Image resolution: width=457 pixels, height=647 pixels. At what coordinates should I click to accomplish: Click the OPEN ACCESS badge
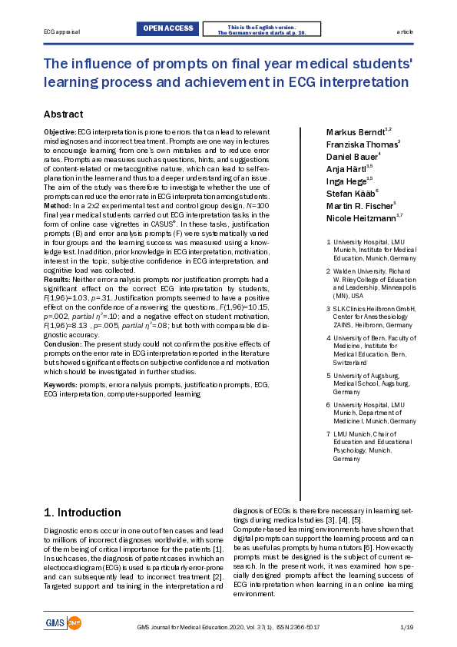point(168,29)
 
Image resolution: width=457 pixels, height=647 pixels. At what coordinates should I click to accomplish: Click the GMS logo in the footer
point(62,622)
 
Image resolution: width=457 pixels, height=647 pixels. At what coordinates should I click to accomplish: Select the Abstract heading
point(63,114)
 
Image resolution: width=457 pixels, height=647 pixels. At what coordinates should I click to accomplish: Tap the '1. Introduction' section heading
point(82,512)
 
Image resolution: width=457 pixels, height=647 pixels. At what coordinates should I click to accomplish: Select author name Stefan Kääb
point(352,193)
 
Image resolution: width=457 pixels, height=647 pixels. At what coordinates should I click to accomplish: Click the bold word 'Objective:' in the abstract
point(60,133)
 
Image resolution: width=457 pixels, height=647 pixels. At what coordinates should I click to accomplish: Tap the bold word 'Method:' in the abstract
point(57,207)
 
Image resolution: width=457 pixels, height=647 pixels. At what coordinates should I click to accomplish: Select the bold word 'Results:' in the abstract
point(58,280)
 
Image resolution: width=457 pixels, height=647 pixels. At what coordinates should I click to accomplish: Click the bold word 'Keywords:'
point(61,384)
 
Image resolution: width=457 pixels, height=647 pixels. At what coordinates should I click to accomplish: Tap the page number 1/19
point(407,627)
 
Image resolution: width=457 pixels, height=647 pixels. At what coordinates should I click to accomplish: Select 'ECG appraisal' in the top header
point(61,32)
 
